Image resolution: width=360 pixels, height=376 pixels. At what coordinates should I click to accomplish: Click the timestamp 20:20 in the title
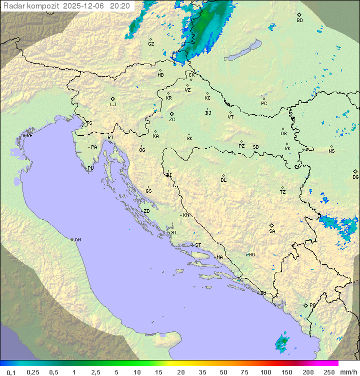[x=120, y=6]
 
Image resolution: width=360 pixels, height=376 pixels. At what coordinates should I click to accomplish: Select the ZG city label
[x=172, y=120]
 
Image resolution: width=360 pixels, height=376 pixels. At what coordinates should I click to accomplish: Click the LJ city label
[x=113, y=105]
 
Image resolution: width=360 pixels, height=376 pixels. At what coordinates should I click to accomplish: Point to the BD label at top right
[x=299, y=21]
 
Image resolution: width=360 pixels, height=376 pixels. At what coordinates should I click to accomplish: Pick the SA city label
[x=272, y=231]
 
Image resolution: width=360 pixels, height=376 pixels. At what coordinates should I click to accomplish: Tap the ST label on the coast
[x=198, y=245]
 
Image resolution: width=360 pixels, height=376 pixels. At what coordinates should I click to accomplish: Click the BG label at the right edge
[x=355, y=177]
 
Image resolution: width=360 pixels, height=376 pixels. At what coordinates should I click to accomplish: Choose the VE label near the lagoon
[x=29, y=136]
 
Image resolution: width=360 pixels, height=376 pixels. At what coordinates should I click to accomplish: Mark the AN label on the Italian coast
[x=77, y=240]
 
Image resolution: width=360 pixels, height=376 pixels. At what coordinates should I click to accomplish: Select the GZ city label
[x=151, y=44]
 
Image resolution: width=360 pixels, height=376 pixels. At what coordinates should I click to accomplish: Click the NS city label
[x=331, y=151]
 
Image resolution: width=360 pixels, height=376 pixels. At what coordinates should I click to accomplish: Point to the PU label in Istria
[x=90, y=168]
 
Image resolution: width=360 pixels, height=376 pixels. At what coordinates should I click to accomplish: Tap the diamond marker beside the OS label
[x=283, y=128]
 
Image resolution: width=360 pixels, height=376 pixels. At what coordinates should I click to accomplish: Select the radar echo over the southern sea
[x=282, y=341]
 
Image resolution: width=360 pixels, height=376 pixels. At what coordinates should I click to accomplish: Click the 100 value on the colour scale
[x=265, y=372]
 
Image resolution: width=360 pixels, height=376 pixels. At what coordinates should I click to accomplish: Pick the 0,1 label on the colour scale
[x=11, y=372]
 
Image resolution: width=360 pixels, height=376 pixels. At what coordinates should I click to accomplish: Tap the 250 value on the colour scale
[x=329, y=372]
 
